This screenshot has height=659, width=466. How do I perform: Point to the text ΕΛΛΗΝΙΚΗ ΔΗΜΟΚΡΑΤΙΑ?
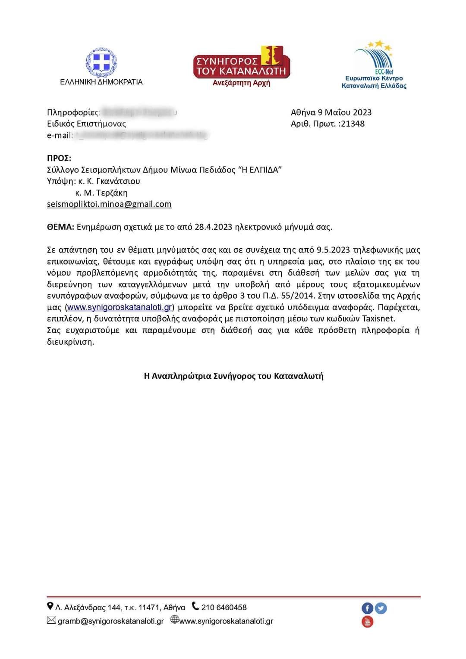pos(101,82)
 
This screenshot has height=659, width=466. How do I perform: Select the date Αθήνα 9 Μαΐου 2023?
pos(331,112)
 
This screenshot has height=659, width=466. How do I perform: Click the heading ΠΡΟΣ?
pos(59,158)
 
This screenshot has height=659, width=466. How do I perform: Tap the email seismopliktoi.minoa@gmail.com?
pos(109,204)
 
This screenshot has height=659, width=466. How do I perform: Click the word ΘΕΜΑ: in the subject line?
pos(60,227)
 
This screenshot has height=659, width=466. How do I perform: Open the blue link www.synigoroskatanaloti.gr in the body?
pos(120,307)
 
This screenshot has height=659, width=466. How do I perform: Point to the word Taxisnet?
pos(378,319)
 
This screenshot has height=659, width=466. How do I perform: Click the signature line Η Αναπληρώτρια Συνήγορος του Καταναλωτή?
pos(233,376)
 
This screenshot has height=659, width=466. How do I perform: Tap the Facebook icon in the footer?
pos(367,608)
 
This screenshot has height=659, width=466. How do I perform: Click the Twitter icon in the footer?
pos(381,608)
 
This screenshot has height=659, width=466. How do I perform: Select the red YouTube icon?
pos(367,622)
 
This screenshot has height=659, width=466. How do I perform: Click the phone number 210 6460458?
pos(224,608)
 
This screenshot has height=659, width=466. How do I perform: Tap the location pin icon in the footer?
pos(50,607)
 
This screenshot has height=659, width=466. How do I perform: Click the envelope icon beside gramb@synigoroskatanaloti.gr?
pos(51,621)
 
